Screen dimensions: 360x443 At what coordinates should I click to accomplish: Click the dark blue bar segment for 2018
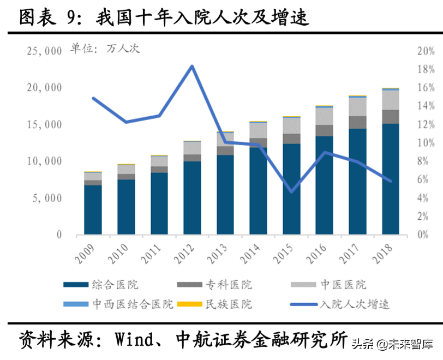point(391,180)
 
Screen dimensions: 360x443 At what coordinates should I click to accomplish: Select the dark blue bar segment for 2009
point(93,210)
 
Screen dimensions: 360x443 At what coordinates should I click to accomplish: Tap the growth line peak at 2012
point(192,67)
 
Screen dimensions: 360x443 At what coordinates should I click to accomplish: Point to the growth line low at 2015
point(291,191)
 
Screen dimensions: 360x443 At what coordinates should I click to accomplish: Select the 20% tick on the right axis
point(425,51)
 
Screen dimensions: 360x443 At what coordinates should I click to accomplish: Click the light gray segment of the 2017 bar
point(357,106)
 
